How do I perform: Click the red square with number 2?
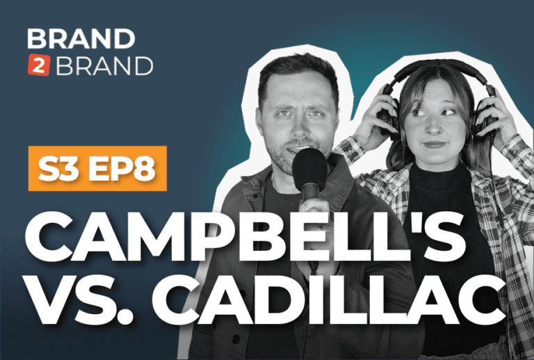coord(39,65)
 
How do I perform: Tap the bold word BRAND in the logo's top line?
coord(81,39)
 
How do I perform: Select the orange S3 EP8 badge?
coord(97,168)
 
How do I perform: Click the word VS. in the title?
coord(83,299)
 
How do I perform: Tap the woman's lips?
coord(434,145)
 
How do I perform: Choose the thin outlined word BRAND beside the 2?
coord(104,65)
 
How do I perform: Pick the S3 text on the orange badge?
coord(58,169)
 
